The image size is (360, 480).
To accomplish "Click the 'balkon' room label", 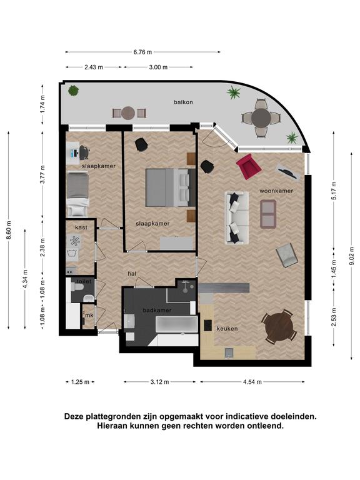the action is pyautogui.click(x=183, y=102).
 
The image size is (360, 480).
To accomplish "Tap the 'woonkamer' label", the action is pyautogui.click(x=276, y=191).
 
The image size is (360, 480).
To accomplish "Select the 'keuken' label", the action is pyautogui.click(x=227, y=329).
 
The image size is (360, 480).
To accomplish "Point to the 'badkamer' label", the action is pyautogui.click(x=157, y=310).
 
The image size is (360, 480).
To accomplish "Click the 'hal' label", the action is pyautogui.click(x=132, y=274).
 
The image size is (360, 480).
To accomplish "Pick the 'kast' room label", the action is pyautogui.click(x=81, y=227).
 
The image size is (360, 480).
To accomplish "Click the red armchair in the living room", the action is pyautogui.click(x=249, y=166).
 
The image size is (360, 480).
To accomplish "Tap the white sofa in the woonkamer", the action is pyautogui.click(x=237, y=217).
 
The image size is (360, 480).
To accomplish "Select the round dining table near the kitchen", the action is pyautogui.click(x=279, y=327).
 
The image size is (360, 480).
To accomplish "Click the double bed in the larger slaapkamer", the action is pyautogui.click(x=171, y=187).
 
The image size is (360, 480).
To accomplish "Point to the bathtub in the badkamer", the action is pyautogui.click(x=177, y=324).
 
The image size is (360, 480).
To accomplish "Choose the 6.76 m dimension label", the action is pyautogui.click(x=142, y=52).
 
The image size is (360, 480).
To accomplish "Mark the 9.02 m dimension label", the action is pyautogui.click(x=352, y=256).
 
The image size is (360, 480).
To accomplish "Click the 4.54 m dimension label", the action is pyautogui.click(x=252, y=382).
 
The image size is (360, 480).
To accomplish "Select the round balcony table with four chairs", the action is pyautogui.click(x=261, y=118).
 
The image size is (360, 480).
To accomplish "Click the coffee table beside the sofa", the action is pyautogui.click(x=268, y=214).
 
